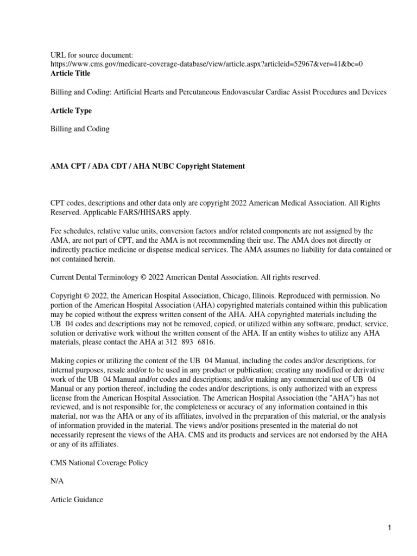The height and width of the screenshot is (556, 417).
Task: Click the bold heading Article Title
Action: coord(70,73)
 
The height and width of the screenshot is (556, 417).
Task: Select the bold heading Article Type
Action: coord(71,111)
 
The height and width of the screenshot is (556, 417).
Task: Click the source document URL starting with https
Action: coord(206,64)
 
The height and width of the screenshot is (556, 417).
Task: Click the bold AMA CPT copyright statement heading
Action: coord(148,166)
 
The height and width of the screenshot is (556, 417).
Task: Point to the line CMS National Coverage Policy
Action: coord(99,463)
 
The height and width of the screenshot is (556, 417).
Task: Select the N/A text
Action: coord(57,481)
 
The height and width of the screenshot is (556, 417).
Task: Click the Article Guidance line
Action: coord(77,500)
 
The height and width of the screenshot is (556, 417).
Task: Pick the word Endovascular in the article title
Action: coord(257,92)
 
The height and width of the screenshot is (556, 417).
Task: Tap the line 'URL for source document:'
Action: coord(91,55)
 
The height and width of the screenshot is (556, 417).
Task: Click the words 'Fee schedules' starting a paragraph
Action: coord(72,231)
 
